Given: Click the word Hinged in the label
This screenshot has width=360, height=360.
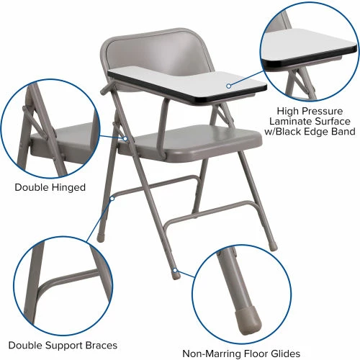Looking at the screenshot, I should pyautogui.click(x=69, y=187).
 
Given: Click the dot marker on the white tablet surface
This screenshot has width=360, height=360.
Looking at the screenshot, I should pyautogui.click(x=228, y=85).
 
